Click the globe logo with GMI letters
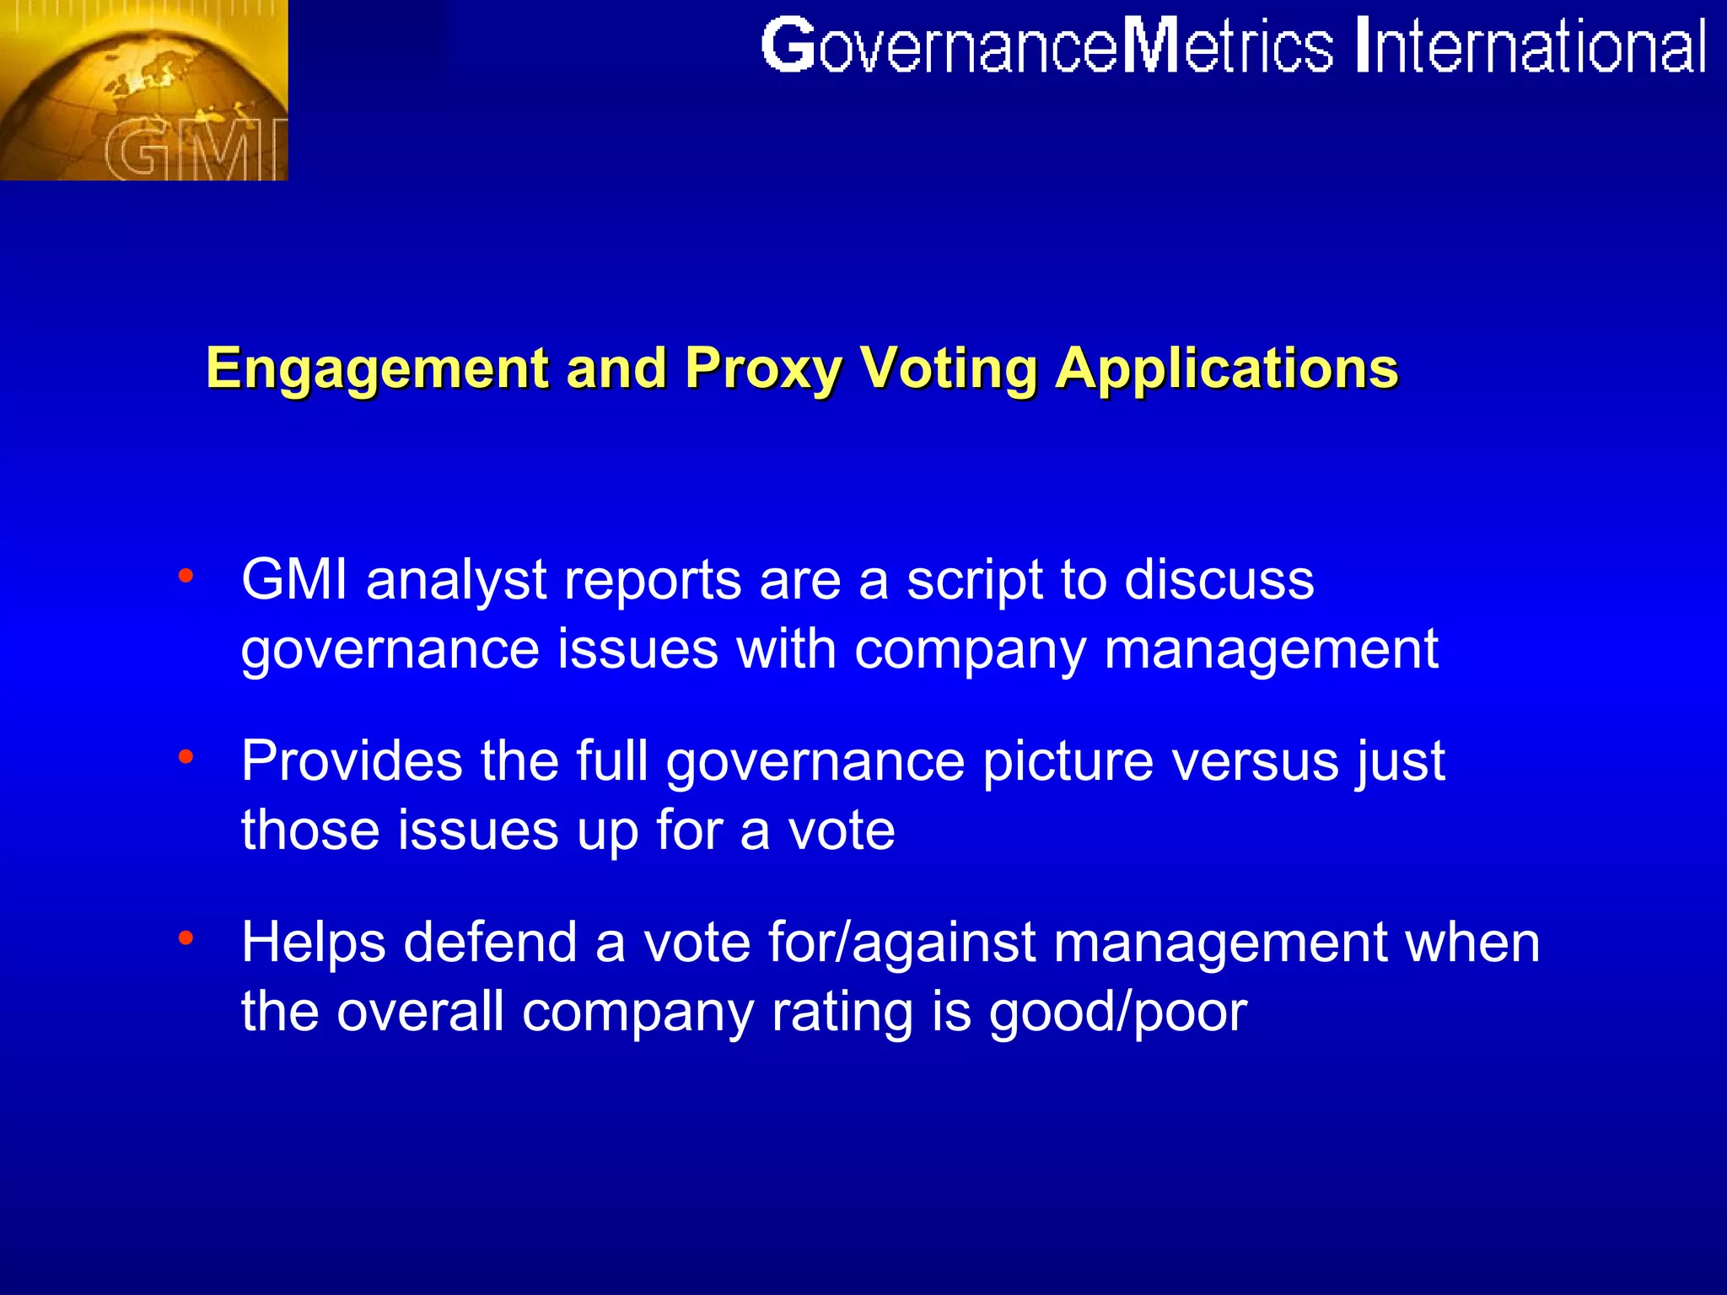pos(143,90)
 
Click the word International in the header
pos(1531,47)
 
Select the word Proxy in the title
pos(763,368)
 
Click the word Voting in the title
pos(949,368)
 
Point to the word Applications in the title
pos(1227,368)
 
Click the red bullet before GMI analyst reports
pos(186,577)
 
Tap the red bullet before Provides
pos(186,756)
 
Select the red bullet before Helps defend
pos(186,938)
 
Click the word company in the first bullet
pos(971,651)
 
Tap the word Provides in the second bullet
pos(352,761)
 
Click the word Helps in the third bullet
pos(314,943)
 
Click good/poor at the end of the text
pos(1117,1012)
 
